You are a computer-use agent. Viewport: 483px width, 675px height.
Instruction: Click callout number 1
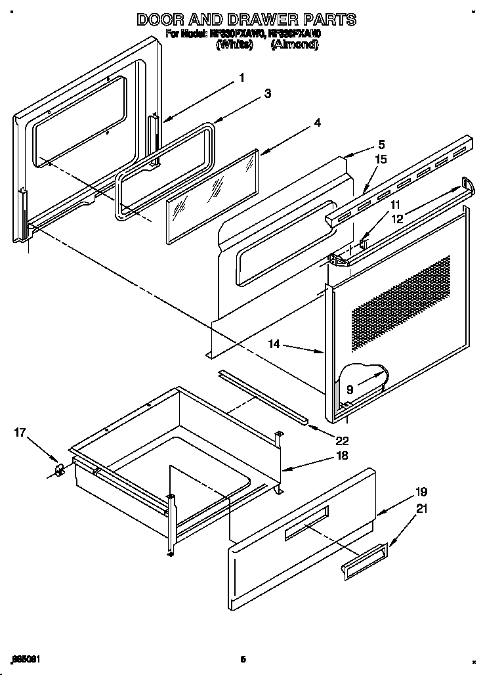click(x=241, y=77)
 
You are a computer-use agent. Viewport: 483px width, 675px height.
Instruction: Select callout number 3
click(x=268, y=94)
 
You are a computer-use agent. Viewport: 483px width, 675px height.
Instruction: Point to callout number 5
click(x=381, y=144)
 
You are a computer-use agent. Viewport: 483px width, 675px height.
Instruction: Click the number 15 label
click(x=381, y=159)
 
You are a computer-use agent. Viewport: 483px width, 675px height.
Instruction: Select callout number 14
click(x=274, y=343)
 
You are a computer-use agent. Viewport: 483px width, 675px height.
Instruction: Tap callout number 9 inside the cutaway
click(x=350, y=389)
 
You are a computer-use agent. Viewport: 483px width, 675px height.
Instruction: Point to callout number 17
click(x=20, y=433)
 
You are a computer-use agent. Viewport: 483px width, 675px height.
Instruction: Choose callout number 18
click(x=342, y=456)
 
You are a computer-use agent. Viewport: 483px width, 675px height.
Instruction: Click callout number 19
click(x=421, y=492)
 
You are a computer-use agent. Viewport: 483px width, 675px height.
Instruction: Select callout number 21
click(x=421, y=507)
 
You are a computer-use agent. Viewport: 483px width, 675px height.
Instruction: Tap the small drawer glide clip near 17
click(x=59, y=469)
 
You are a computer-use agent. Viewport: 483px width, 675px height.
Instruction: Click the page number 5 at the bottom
click(x=242, y=659)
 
